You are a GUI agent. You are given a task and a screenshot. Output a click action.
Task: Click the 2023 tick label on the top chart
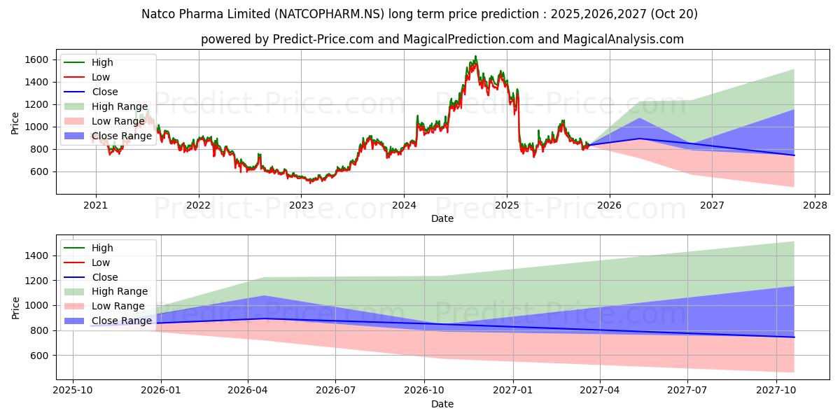click(x=301, y=205)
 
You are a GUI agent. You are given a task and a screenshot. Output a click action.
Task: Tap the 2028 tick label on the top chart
click(x=815, y=205)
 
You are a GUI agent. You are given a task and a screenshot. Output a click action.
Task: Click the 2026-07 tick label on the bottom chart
click(x=335, y=390)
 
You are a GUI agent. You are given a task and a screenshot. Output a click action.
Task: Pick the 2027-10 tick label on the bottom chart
click(x=777, y=390)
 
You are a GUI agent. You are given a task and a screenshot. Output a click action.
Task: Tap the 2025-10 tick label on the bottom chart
click(x=73, y=390)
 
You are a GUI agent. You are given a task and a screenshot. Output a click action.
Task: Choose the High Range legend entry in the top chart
click(x=119, y=106)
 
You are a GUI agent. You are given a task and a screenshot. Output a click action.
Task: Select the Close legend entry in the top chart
click(x=104, y=92)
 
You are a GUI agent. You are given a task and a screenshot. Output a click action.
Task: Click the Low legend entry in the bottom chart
click(x=100, y=262)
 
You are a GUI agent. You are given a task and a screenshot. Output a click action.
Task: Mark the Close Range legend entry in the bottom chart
click(x=121, y=321)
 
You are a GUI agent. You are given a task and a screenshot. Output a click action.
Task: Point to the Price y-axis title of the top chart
click(x=15, y=123)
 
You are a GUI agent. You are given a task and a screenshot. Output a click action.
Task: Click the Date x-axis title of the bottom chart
click(x=442, y=404)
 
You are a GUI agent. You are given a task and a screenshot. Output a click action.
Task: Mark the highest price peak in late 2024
click(x=476, y=56)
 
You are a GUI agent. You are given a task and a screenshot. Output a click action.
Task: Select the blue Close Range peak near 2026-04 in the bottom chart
click(x=265, y=295)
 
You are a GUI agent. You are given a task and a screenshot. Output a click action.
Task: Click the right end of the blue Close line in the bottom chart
click(x=794, y=337)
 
